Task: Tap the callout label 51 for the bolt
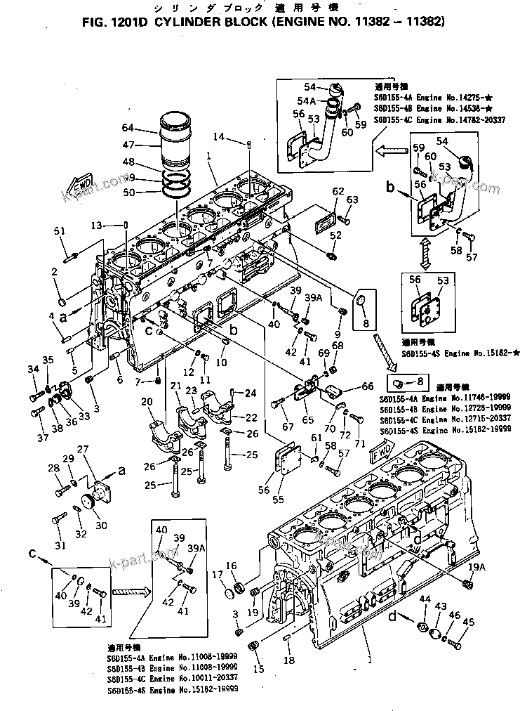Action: pyautogui.click(x=59, y=231)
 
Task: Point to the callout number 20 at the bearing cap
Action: pyautogui.click(x=146, y=401)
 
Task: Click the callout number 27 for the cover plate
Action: pyautogui.click(x=83, y=450)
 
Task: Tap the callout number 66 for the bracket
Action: pyautogui.click(x=367, y=386)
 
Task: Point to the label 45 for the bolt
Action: pyautogui.click(x=469, y=621)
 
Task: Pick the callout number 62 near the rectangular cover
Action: pyautogui.click(x=338, y=191)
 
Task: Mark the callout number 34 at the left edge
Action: pyautogui.click(x=32, y=369)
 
